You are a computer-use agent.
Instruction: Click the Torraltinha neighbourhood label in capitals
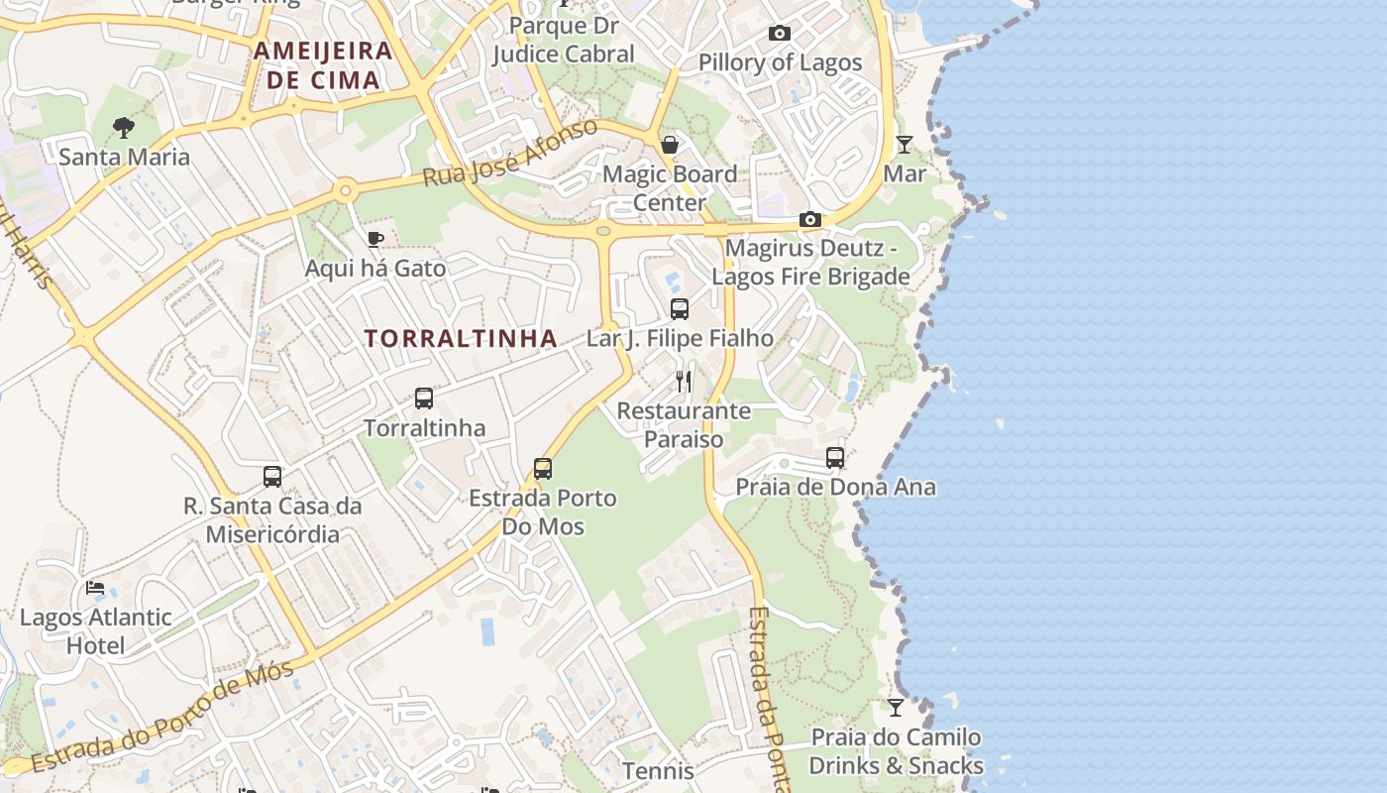pyautogui.click(x=461, y=338)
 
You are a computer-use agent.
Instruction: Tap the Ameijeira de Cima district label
pyautogui.click(x=323, y=65)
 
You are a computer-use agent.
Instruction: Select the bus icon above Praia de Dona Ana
pyautogui.click(x=835, y=458)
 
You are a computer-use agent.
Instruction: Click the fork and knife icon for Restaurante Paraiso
pyautogui.click(x=684, y=382)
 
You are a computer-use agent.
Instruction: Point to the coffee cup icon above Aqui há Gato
pyautogui.click(x=374, y=239)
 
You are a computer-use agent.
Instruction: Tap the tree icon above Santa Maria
pyautogui.click(x=124, y=127)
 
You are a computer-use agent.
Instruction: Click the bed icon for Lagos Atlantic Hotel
pyautogui.click(x=95, y=588)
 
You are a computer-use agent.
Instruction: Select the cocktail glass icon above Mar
pyautogui.click(x=904, y=145)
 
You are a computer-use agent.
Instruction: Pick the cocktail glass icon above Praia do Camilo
pyautogui.click(x=896, y=708)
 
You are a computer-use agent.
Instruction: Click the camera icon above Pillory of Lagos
pyautogui.click(x=780, y=34)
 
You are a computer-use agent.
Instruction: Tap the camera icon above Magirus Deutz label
pyautogui.click(x=810, y=220)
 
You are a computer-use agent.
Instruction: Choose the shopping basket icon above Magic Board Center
pyautogui.click(x=670, y=146)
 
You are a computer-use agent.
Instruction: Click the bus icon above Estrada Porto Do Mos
pyautogui.click(x=543, y=469)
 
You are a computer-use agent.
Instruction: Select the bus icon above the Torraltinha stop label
pyautogui.click(x=424, y=398)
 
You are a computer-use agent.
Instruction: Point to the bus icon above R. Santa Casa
pyautogui.click(x=272, y=477)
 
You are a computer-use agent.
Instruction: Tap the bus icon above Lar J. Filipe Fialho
pyautogui.click(x=680, y=309)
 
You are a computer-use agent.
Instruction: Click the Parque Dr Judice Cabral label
pyautogui.click(x=564, y=39)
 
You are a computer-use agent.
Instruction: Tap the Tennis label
pyautogui.click(x=658, y=770)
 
